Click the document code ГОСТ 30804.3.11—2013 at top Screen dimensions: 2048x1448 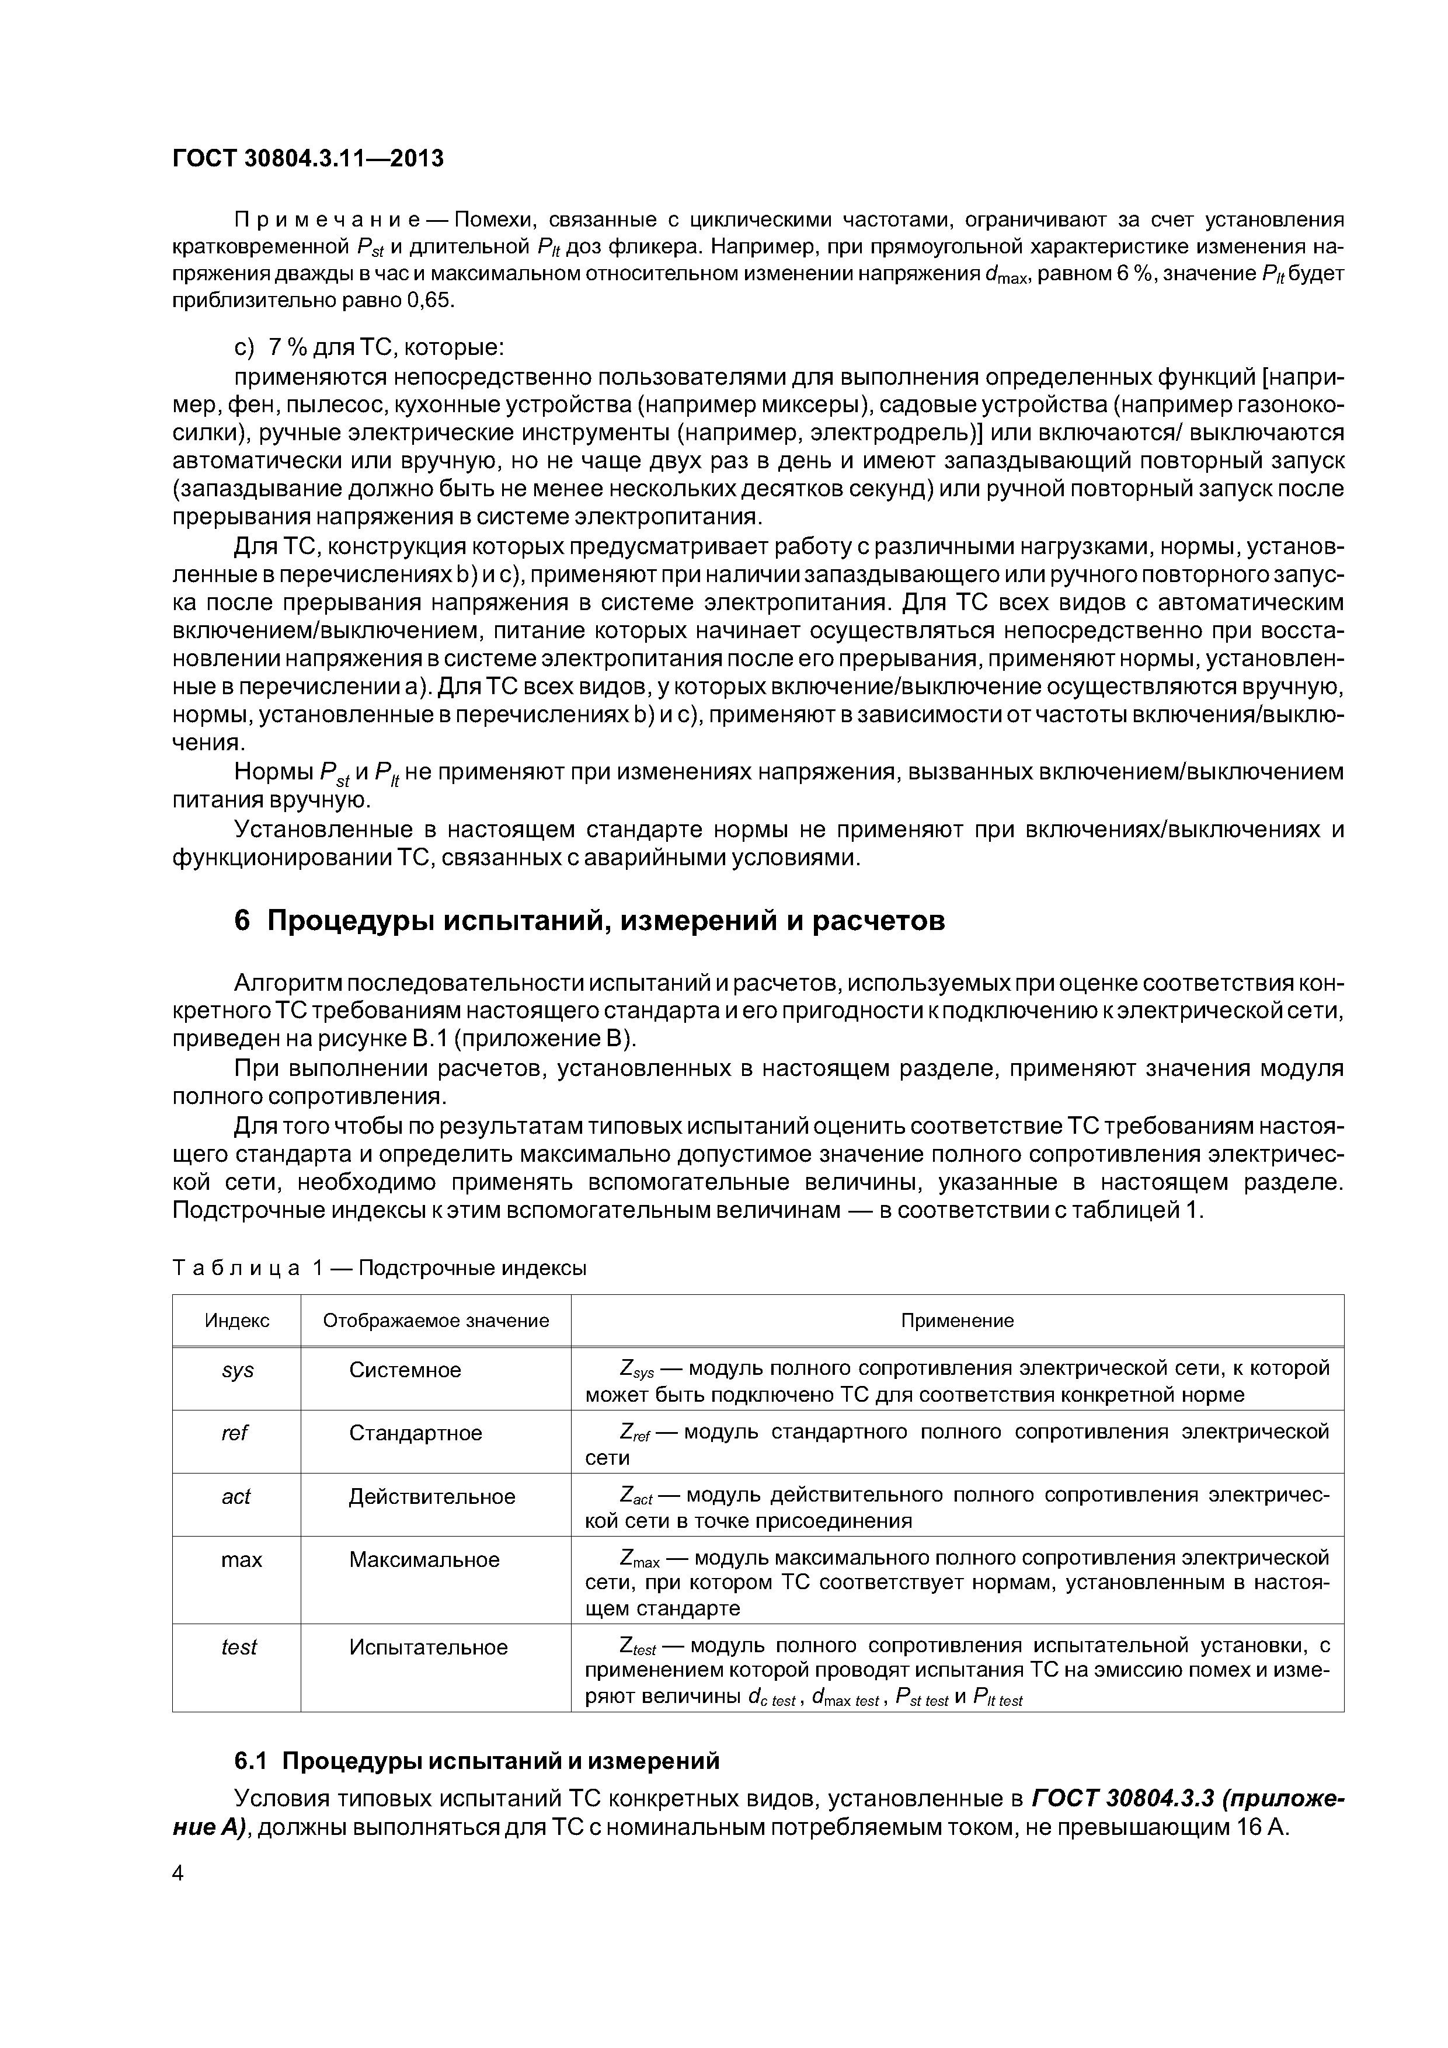point(308,159)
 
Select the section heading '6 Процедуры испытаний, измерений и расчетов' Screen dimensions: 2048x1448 point(589,921)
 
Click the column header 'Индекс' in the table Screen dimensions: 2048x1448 point(236,1320)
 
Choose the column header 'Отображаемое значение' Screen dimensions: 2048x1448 point(436,1320)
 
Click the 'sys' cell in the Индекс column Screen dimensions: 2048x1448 point(237,1370)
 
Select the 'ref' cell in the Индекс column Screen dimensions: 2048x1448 point(235,1433)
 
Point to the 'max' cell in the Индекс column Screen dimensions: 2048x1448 point(241,1559)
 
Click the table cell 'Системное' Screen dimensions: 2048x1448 point(405,1370)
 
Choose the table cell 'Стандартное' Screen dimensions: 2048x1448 point(415,1433)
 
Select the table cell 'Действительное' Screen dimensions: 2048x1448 point(432,1496)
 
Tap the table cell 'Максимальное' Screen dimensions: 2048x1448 point(424,1559)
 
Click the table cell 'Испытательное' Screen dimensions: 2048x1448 point(428,1646)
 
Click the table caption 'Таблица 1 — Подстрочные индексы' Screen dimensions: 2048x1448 point(379,1267)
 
